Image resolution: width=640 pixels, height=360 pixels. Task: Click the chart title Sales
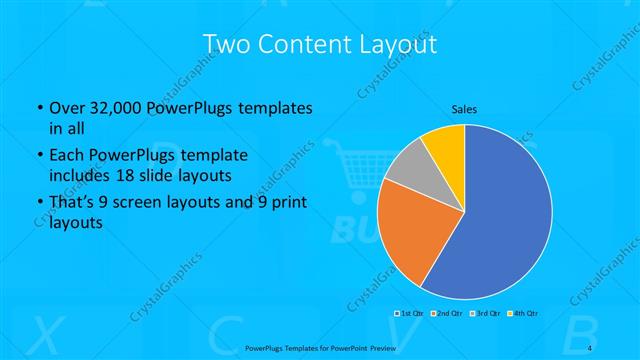[464, 110]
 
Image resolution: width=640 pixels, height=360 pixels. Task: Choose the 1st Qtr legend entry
[411, 314]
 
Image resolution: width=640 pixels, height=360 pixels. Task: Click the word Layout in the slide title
[398, 45]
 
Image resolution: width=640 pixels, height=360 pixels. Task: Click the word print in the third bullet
[288, 205]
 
